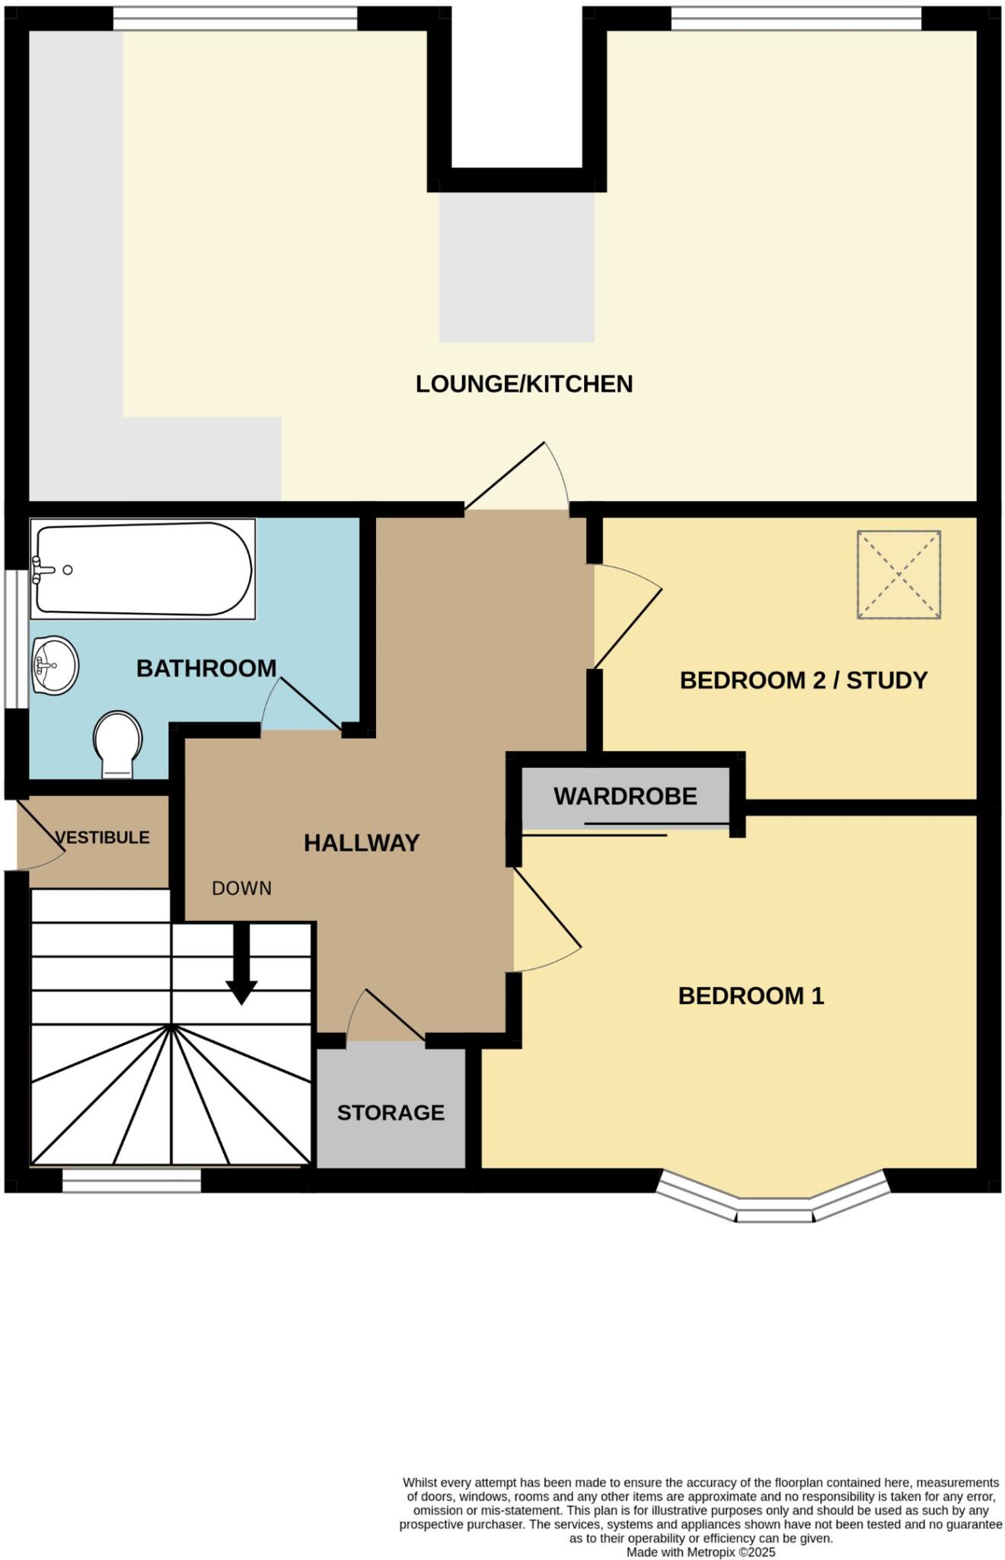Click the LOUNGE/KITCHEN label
coord(524,384)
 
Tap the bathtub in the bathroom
coord(144,568)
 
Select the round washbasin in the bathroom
coord(55,666)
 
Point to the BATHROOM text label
coord(206,669)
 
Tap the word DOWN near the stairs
coord(241,888)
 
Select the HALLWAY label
coord(362,843)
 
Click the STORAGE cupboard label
coord(391,1113)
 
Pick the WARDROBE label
coord(625,797)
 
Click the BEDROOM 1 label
coord(751,996)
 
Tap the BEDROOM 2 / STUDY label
coord(803,680)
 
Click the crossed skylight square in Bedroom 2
coord(898,574)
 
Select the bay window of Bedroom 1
coord(773,1204)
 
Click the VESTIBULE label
coord(103,838)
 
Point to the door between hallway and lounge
coord(518,480)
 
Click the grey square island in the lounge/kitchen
coord(516,267)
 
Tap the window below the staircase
coord(131,1181)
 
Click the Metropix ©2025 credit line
coord(700,1552)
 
